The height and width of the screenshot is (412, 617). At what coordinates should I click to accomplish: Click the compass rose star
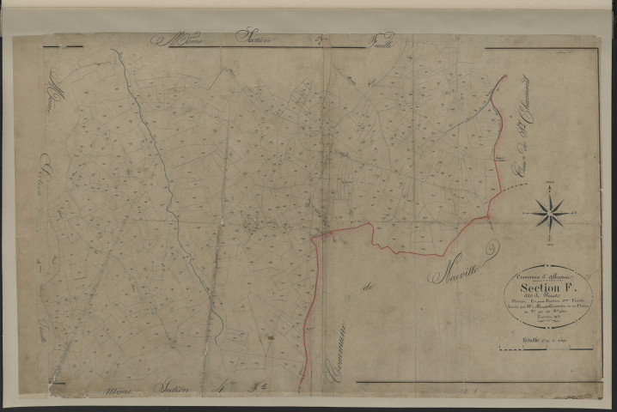[x=547, y=211]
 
